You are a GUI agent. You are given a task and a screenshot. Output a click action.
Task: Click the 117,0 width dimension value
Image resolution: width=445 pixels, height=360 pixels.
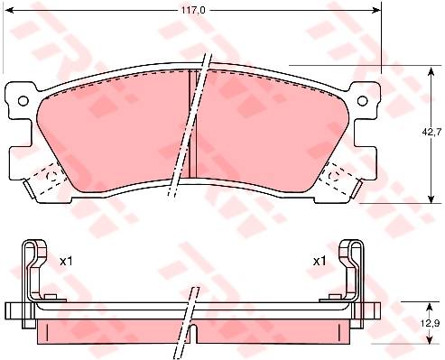193,11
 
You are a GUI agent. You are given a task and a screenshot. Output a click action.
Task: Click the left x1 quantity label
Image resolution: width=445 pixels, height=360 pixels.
66,262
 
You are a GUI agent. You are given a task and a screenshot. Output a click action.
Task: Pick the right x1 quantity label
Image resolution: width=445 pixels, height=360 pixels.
320,262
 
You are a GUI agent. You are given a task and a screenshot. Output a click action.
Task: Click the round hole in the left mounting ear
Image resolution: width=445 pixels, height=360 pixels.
23,101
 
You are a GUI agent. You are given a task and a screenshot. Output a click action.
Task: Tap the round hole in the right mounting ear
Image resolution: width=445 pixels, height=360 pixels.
363,101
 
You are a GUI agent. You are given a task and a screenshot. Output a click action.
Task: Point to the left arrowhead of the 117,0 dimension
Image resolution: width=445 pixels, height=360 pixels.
10,11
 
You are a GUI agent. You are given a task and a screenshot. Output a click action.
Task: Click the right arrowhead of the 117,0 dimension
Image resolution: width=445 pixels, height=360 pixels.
377,11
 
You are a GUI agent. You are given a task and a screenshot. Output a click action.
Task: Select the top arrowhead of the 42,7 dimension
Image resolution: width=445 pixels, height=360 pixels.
431,70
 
